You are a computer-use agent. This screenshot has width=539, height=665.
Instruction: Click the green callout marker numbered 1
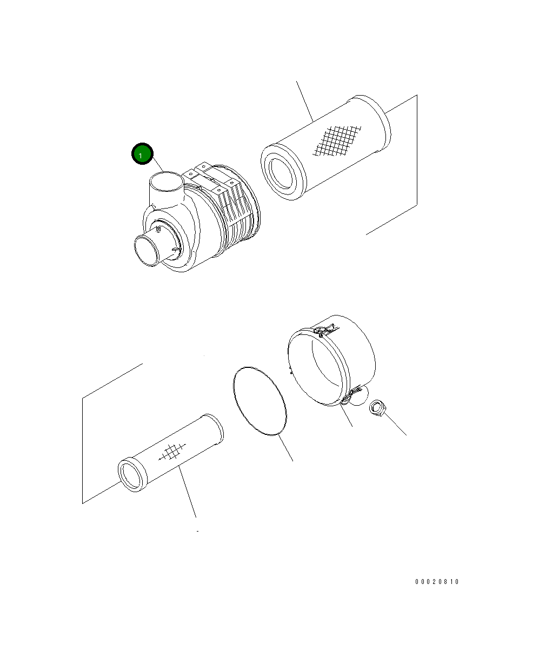point(142,153)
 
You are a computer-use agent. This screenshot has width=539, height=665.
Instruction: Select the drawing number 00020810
point(436,582)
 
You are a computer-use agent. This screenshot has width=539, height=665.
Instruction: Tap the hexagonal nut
point(378,407)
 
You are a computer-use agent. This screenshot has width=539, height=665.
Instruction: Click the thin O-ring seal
point(259,401)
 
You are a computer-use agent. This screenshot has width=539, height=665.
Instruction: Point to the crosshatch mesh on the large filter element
point(337,141)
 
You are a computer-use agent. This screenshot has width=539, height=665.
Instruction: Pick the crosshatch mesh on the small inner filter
point(172,452)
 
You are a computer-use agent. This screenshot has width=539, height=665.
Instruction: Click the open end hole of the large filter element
point(281,173)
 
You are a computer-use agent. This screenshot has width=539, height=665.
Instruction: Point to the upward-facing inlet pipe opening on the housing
point(166,181)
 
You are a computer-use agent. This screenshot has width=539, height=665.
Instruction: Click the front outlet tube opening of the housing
point(147,251)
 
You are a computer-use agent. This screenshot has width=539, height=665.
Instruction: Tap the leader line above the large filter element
point(305,102)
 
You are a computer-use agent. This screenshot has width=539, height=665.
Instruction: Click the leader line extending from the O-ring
point(285,447)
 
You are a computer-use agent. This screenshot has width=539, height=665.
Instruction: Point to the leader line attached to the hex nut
point(395,424)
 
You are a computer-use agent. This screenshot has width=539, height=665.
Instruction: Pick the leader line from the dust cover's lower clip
point(346,415)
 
